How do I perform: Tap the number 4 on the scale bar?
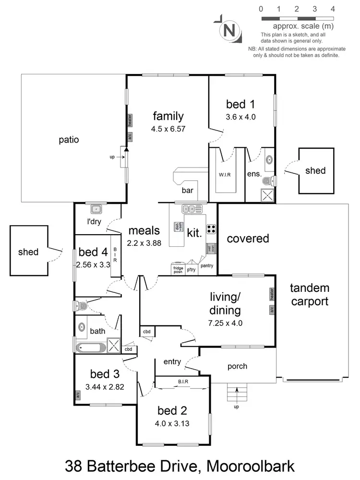click(333, 9)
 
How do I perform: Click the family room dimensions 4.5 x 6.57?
click(168, 129)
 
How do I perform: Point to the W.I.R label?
click(225, 174)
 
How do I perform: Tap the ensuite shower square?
click(265, 194)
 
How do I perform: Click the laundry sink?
click(96, 209)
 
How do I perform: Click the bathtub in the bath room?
click(91, 347)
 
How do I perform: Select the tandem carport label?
click(310, 295)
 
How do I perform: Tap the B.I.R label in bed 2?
click(182, 382)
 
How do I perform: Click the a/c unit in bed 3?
click(77, 396)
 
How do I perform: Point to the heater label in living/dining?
click(272, 293)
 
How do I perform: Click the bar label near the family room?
click(187, 191)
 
